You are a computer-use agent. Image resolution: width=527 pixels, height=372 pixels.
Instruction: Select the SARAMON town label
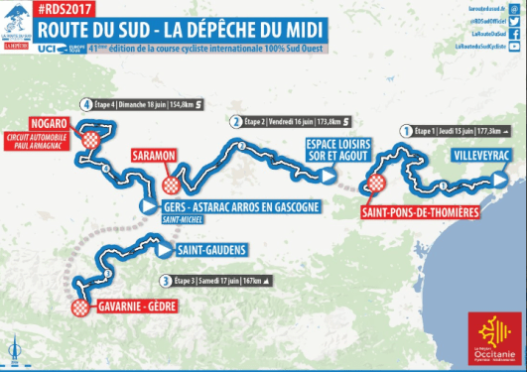click(x=153, y=156)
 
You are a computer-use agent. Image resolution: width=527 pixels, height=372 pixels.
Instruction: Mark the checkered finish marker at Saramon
click(x=172, y=185)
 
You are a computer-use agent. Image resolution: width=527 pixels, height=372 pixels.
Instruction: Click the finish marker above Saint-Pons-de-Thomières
click(x=376, y=184)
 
